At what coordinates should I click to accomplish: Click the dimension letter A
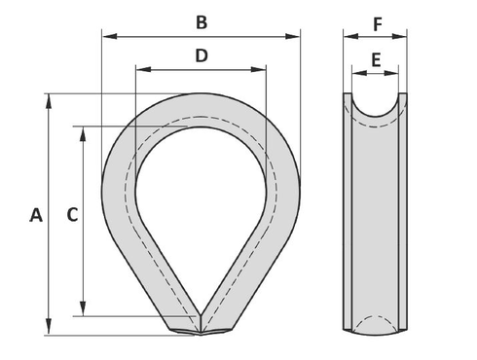36,215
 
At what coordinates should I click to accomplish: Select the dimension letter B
202,21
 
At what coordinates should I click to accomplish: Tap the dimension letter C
71,215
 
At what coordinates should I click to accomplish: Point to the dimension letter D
202,55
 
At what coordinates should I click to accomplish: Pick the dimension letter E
376,59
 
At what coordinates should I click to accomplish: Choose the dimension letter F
376,20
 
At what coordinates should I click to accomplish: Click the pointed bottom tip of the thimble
202,334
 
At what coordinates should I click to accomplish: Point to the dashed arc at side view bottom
376,320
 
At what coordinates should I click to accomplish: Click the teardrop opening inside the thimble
202,204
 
